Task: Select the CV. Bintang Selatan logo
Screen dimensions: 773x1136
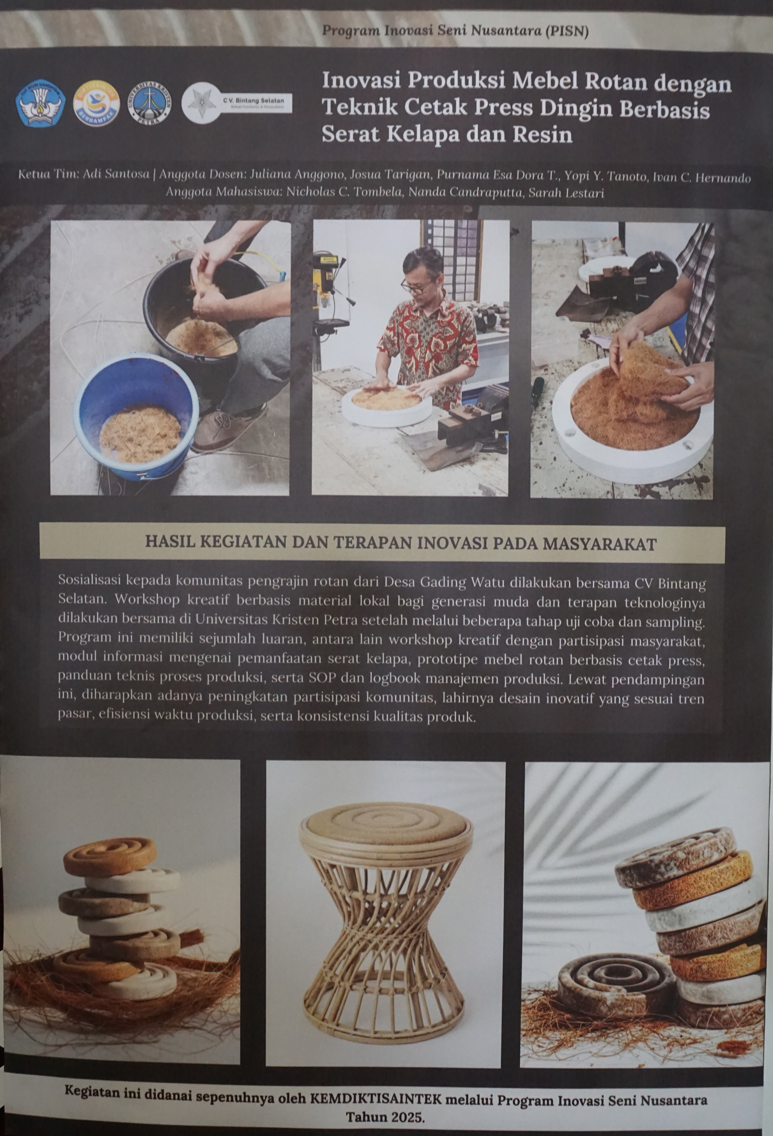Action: point(237,103)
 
